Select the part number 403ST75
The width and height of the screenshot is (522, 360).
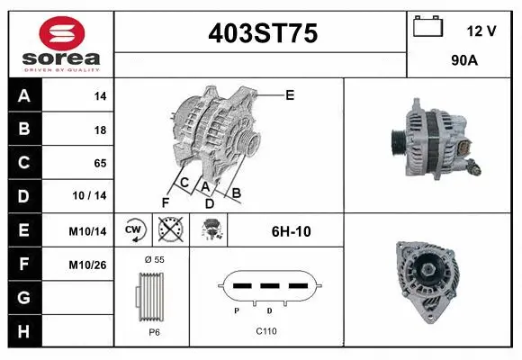[262, 34]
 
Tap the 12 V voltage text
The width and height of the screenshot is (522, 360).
[481, 31]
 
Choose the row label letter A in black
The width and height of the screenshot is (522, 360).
[22, 95]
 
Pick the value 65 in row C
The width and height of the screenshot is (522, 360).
[100, 163]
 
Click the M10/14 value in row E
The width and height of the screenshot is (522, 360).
[87, 231]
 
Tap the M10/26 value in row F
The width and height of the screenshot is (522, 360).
[87, 265]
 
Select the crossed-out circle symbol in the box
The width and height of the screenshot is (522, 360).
[169, 230]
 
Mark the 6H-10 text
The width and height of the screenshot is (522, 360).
[291, 231]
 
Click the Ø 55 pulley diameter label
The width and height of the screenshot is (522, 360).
[154, 259]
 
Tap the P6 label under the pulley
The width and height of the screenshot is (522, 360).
[154, 332]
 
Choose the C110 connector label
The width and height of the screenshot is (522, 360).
[265, 331]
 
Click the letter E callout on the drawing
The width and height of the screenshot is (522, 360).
[290, 94]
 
